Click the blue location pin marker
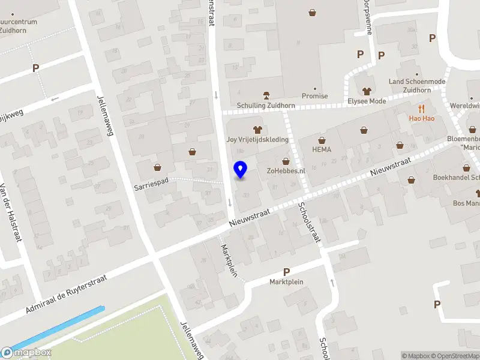point(241,170)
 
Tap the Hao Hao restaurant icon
point(422,109)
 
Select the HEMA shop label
point(322,149)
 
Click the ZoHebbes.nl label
point(286,170)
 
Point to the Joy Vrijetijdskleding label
point(257,139)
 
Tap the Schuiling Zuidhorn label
point(266,105)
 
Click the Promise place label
point(314,96)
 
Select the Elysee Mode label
point(367,101)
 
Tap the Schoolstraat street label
point(310,223)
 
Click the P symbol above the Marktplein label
point(286,272)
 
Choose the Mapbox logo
point(26,353)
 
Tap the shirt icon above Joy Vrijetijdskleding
point(258,129)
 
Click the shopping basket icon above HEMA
point(322,140)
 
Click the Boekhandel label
point(455,177)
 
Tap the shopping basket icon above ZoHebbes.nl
point(286,161)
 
